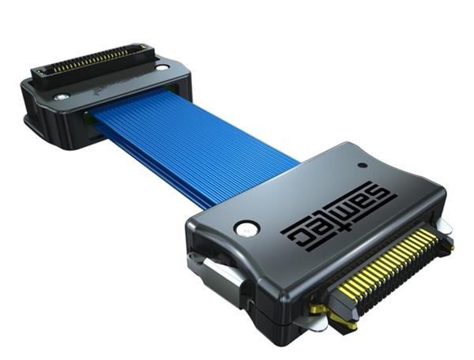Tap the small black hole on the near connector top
coord(362,166)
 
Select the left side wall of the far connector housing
coord(36,118)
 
